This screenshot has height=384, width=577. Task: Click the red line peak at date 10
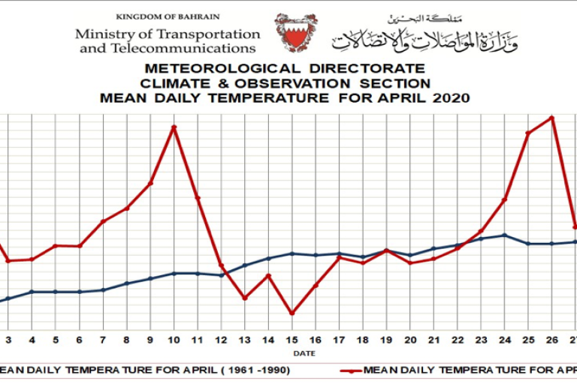pos(174,127)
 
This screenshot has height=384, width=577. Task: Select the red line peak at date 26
pos(553,117)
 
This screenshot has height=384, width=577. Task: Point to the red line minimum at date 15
pos(292,313)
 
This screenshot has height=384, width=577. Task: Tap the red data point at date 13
pos(245,298)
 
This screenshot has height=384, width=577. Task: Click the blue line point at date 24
pos(505,235)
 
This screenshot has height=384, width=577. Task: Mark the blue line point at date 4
pos(32,292)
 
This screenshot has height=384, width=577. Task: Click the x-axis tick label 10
pos(174,340)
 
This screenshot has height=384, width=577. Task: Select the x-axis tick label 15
pos(292,340)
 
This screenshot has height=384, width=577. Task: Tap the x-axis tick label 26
pos(552,340)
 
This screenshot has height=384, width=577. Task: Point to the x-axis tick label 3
pos(8,340)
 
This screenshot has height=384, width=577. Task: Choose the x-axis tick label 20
pos(409,340)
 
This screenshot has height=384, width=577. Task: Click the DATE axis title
pos(304,352)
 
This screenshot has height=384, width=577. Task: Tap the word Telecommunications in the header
pos(192,48)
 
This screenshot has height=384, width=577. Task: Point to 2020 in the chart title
pos(450,97)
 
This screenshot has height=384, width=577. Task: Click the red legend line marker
pos(350,370)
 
